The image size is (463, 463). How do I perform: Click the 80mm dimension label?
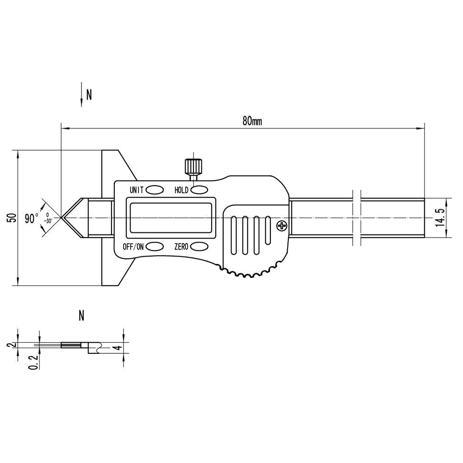252,121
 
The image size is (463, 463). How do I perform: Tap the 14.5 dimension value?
440,217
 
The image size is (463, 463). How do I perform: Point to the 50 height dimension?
13,218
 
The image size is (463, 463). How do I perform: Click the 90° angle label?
31,219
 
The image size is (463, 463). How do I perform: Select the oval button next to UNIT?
155,190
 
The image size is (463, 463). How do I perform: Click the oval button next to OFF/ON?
155,246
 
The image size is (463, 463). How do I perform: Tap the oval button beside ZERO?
199,246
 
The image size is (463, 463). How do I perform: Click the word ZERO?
181,246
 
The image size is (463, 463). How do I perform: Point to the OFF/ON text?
133,246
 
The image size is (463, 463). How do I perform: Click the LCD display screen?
171,218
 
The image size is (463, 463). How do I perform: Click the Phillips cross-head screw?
282,226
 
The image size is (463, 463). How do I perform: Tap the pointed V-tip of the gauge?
62,218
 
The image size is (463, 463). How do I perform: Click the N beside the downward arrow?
89,95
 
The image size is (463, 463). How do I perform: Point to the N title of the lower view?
81,316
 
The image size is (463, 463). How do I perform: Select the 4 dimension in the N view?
118,347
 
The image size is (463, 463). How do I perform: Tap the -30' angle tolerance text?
48,220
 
